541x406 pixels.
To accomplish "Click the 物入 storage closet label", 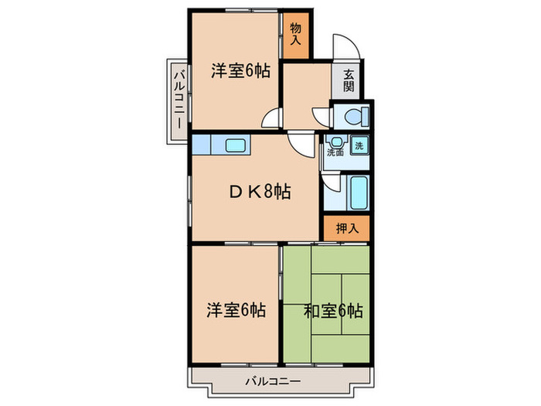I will (x=296, y=35).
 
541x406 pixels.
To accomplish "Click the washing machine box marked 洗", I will (x=359, y=145).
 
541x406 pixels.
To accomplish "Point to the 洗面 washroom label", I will (x=335, y=153).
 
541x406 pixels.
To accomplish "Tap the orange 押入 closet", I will (x=346, y=228).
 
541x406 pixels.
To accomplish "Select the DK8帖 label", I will (x=259, y=192).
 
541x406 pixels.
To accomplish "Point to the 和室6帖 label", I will (x=332, y=311).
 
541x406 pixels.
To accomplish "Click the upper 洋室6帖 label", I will (x=240, y=71).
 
